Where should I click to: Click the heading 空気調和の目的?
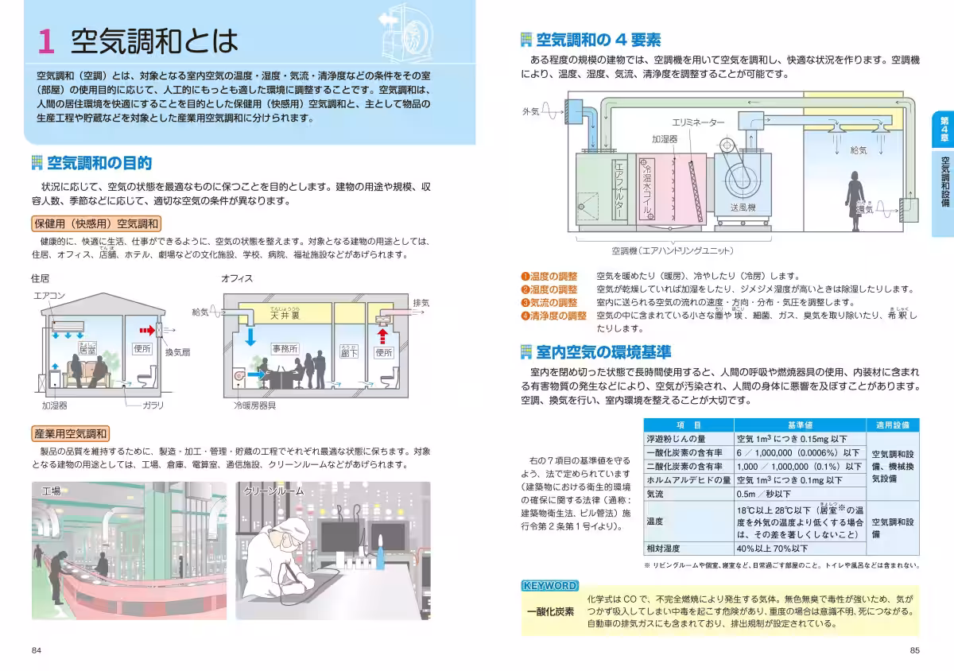99,164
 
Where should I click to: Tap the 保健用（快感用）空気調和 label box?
96,223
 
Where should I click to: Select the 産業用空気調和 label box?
70,434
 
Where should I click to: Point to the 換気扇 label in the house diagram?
177,351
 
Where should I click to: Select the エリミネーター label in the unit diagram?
698,123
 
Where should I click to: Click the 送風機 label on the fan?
743,208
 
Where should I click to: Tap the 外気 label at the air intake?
530,112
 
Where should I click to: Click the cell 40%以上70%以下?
772,548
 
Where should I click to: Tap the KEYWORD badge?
549,586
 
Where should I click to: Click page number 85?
914,650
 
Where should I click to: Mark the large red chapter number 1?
46,41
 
